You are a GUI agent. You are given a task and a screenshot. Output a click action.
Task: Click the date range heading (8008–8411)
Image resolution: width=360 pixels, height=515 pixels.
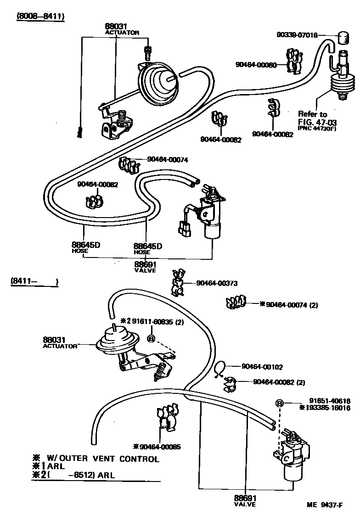pyautogui.click(x=40, y=17)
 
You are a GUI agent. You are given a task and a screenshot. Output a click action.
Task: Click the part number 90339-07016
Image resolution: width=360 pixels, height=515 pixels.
pyautogui.click(x=297, y=35)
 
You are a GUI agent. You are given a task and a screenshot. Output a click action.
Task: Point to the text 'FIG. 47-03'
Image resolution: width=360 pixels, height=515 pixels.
pyautogui.click(x=317, y=121)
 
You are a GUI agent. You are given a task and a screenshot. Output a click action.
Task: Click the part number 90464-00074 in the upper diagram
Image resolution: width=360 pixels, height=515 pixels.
pyautogui.click(x=168, y=160)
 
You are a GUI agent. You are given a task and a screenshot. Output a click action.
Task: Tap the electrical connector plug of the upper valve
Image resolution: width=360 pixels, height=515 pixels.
pyautogui.click(x=185, y=229)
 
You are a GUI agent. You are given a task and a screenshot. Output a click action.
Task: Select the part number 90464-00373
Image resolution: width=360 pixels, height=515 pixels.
pyautogui.click(x=217, y=283)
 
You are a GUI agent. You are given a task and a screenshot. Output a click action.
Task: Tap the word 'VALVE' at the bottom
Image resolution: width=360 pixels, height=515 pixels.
pyautogui.click(x=244, y=504)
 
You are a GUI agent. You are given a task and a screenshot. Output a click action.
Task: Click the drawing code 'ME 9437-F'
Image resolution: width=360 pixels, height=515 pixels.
pyautogui.click(x=325, y=505)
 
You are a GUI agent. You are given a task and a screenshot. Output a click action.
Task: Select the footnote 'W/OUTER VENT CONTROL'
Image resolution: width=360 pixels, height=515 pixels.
pyautogui.click(x=103, y=459)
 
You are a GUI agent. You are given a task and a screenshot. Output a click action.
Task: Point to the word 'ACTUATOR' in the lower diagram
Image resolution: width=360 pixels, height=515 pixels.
pyautogui.click(x=60, y=346)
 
